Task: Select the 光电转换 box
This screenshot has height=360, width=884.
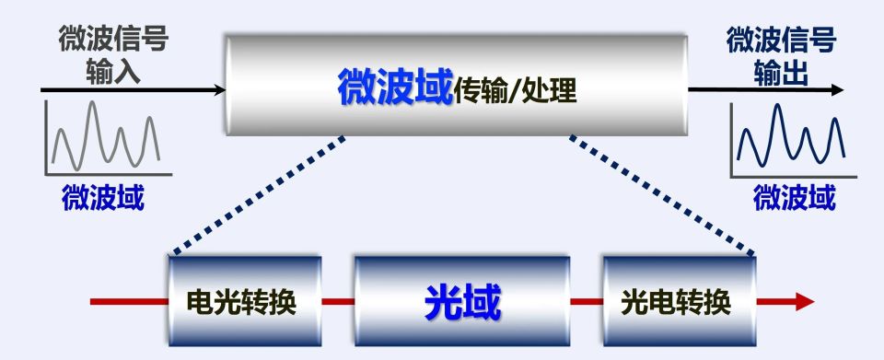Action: [x=679, y=301]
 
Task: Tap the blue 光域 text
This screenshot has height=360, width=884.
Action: [x=462, y=302]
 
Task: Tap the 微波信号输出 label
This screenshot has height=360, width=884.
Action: [x=781, y=55]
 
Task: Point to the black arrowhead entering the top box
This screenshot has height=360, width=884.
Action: [x=218, y=90]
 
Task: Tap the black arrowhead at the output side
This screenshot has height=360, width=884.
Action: [x=835, y=90]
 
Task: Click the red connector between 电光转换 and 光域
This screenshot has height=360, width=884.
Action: [x=338, y=301]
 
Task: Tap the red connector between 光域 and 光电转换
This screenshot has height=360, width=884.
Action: [x=587, y=301]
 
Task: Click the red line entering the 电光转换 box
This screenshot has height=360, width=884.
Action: [x=129, y=301]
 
